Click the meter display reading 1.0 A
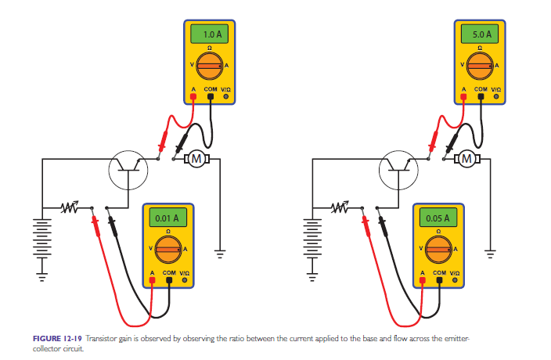(x=211, y=35)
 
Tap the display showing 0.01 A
(x=168, y=217)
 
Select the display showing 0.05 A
(x=439, y=217)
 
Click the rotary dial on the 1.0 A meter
(x=210, y=67)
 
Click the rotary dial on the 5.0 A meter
(x=481, y=67)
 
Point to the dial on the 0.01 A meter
(x=167, y=250)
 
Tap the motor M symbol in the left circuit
(x=197, y=159)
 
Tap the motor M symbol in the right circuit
(x=468, y=159)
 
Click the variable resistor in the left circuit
(x=71, y=207)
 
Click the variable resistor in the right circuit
(x=342, y=207)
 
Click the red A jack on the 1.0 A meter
(x=193, y=98)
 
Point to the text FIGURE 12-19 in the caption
(x=58, y=338)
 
